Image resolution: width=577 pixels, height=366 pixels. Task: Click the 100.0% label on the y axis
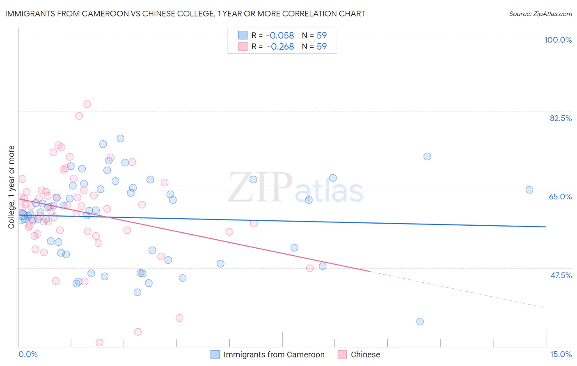coord(558,40)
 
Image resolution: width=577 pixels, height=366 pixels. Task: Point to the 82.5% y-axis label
coord(561,118)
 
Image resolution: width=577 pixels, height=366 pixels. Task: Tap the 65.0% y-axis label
coord(560,197)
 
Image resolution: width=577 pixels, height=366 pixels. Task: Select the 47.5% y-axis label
coord(561,275)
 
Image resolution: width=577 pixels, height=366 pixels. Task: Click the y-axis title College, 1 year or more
coord(11,187)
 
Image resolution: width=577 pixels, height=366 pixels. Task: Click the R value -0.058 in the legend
coord(280,35)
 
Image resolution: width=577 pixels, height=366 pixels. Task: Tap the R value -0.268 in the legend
coord(280,47)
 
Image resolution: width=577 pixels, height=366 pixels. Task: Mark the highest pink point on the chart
coord(87,104)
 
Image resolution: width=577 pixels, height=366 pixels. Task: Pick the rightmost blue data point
coord(529,190)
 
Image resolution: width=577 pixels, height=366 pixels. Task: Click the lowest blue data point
coord(420,322)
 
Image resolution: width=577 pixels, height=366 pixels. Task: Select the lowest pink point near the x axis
coord(99,343)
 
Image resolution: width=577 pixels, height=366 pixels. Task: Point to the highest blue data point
coord(120,138)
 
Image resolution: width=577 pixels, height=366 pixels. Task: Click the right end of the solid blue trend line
coord(546,227)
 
